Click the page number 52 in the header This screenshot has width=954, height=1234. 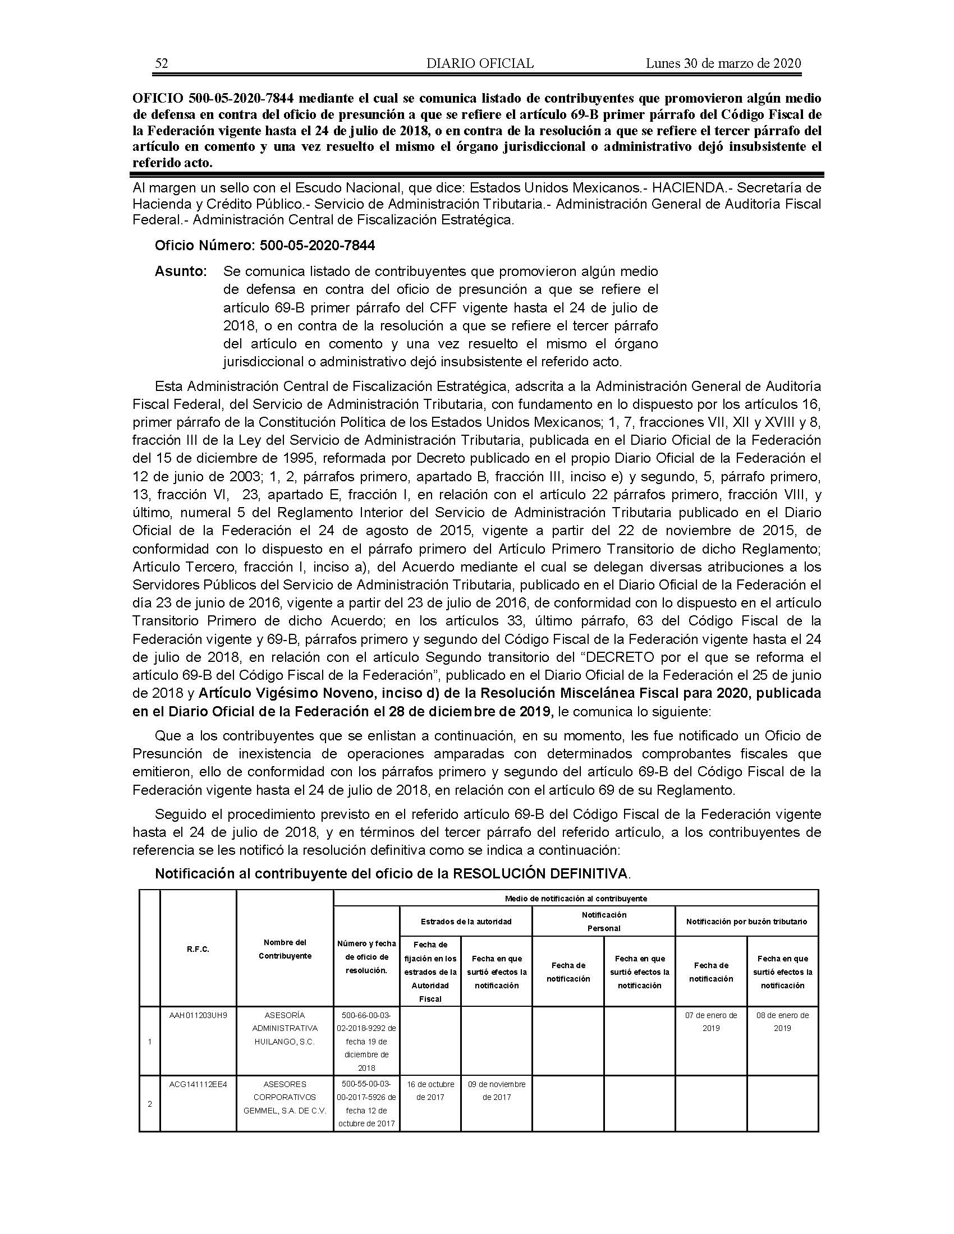(x=161, y=63)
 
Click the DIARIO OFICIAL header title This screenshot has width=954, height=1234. (x=480, y=63)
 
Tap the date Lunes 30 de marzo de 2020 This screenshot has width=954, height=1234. (x=723, y=63)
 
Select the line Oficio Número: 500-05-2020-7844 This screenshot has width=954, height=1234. (x=264, y=246)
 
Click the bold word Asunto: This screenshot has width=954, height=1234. (x=181, y=271)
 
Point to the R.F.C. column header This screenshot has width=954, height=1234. (x=198, y=950)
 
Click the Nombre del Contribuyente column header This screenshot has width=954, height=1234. (x=285, y=949)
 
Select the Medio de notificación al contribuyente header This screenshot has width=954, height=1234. (x=575, y=899)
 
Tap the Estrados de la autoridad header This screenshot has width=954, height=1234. (x=466, y=922)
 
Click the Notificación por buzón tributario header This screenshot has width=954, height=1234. (x=746, y=922)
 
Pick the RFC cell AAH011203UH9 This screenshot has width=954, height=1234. (x=198, y=1015)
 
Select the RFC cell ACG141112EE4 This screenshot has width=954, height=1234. (x=198, y=1084)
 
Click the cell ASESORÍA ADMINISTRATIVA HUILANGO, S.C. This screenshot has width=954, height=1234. (x=285, y=1028)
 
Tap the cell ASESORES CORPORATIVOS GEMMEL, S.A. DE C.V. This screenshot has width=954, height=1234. (x=285, y=1097)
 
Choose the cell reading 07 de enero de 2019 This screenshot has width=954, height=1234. (x=711, y=1021)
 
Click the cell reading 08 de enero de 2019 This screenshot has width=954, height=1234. (x=782, y=1021)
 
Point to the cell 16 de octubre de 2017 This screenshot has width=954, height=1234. (x=430, y=1090)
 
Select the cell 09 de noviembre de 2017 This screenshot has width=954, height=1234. (x=496, y=1090)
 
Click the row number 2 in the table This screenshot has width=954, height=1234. (x=149, y=1104)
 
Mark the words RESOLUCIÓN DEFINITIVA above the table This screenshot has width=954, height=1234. (x=540, y=874)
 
